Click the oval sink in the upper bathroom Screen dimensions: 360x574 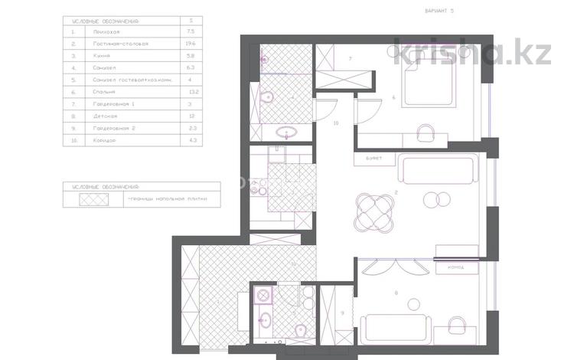tap(287, 131)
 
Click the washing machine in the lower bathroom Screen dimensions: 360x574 tap(263, 296)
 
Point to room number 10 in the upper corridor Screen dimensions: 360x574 tap(335, 123)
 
